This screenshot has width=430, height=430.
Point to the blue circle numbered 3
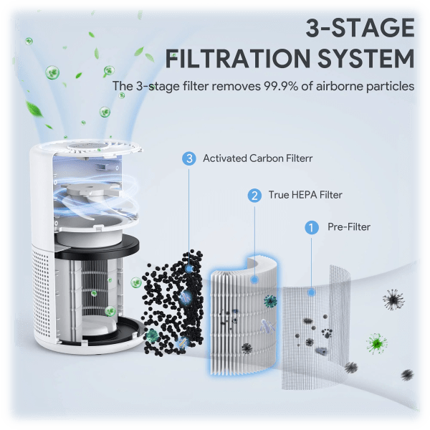point(189,158)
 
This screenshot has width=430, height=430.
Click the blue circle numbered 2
point(254,195)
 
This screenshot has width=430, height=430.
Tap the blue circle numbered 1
point(311,227)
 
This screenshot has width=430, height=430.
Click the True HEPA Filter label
point(305,195)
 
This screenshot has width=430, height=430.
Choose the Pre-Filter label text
point(349,227)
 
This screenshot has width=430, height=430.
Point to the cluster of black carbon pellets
point(172,301)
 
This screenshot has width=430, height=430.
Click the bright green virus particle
point(376,344)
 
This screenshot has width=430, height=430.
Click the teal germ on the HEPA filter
point(270,301)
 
